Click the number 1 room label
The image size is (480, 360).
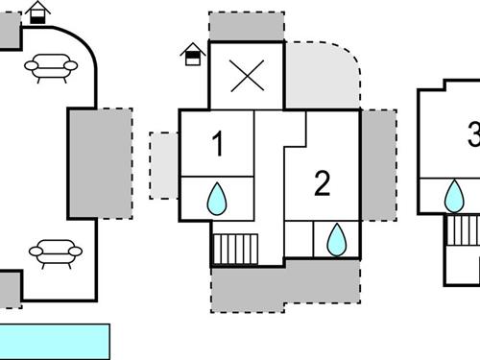218,144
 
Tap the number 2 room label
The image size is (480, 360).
323,182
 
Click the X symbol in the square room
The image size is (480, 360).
247,77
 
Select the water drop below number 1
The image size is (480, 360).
217,200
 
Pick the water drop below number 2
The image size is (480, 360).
336,239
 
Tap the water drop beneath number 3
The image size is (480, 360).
453,197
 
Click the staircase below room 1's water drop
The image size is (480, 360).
235,250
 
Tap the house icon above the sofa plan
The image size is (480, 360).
38,13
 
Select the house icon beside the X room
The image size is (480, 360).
194,54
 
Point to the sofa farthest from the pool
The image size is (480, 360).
51,67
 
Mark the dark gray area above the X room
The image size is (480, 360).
247,26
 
